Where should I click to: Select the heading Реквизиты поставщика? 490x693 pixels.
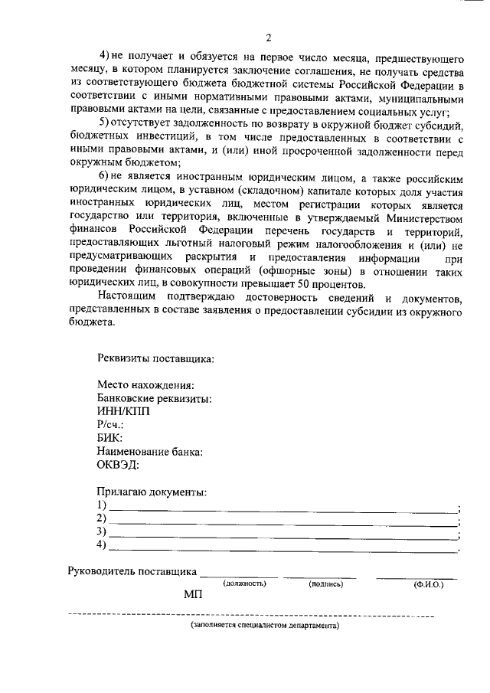155,358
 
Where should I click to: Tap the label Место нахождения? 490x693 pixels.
145,384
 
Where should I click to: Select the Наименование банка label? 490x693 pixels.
150,452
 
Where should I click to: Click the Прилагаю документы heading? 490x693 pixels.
152,492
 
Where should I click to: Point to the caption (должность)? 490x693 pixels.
244,584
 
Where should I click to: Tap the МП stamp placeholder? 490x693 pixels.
192,595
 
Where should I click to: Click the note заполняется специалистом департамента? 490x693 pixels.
265,626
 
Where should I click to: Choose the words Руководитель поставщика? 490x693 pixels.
132,571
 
